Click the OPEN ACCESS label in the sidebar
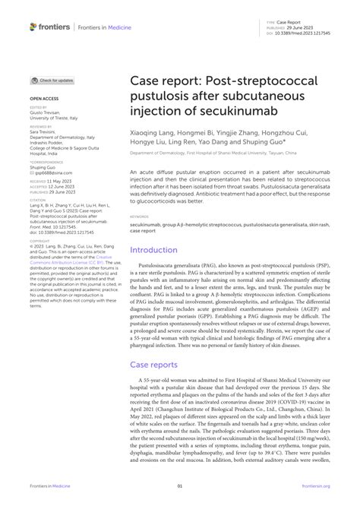pyautogui.click(x=43, y=99)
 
